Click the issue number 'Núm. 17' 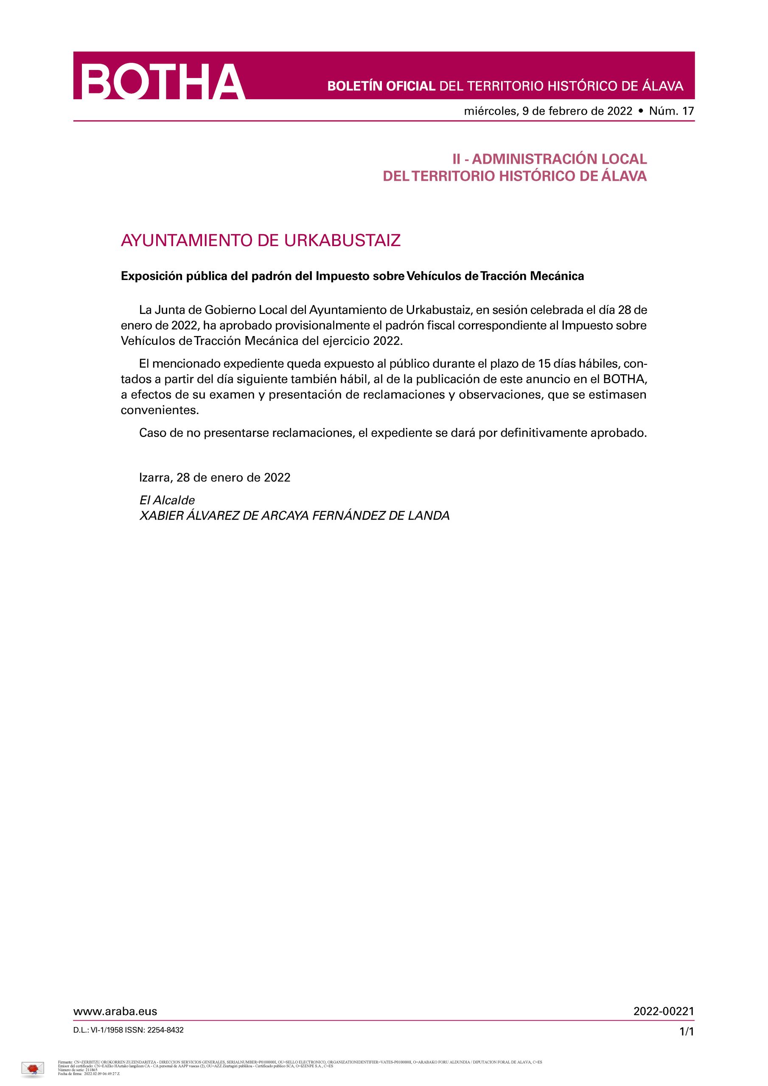(x=671, y=111)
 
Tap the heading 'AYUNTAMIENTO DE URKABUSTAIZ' (x=261, y=240)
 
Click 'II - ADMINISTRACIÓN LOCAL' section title (x=549, y=159)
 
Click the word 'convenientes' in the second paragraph (x=160, y=410)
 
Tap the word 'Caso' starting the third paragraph (x=151, y=433)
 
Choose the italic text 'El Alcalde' (x=167, y=500)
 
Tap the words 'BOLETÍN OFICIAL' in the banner (x=381, y=86)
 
